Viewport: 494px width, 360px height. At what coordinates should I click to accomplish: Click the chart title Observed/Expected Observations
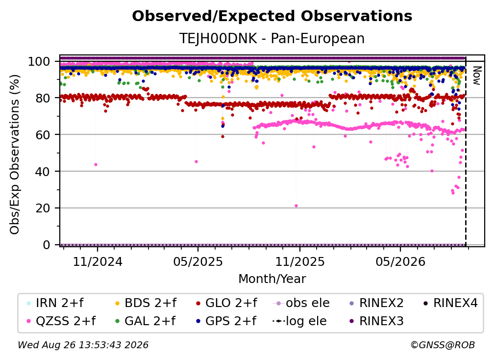[x=272, y=16]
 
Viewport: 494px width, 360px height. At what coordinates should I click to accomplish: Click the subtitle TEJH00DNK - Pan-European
[x=272, y=38]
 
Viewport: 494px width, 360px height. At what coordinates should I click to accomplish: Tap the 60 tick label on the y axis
[x=43, y=135]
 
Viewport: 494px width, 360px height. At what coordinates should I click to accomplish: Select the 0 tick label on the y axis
[x=47, y=245]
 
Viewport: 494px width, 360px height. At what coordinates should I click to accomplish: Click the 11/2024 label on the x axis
[x=98, y=262]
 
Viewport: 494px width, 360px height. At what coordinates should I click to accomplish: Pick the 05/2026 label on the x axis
[x=400, y=262]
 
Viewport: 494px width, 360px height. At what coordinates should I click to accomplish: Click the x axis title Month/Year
[x=272, y=279]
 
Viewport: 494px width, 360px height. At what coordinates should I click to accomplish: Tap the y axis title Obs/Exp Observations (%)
[x=15, y=154]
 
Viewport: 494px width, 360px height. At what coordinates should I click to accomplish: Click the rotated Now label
[x=476, y=76]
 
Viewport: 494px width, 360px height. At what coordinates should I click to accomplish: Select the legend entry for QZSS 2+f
[x=61, y=321]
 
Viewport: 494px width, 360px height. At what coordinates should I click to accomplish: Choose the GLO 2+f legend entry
[x=226, y=303]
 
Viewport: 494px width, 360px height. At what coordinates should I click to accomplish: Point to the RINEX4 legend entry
[x=450, y=303]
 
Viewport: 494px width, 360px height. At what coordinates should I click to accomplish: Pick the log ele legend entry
[x=299, y=321]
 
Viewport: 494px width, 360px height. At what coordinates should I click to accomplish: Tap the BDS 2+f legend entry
[x=146, y=303]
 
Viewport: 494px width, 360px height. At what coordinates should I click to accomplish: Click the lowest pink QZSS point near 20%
[x=296, y=206]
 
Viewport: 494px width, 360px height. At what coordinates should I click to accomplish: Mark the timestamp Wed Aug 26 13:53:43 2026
[x=83, y=345]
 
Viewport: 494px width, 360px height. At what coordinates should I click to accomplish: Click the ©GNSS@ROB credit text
[x=443, y=345]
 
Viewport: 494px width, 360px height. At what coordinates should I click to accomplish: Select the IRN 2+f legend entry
[x=55, y=303]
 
